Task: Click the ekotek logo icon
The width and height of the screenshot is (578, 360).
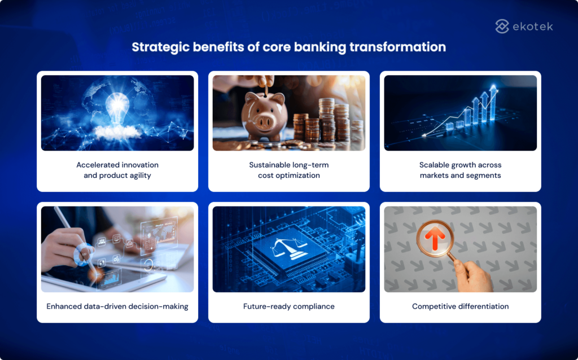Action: (x=502, y=26)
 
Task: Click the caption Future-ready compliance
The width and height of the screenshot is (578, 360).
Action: (x=288, y=306)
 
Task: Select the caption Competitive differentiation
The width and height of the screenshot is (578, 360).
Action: (x=460, y=306)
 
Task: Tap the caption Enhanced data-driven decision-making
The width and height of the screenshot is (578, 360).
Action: (x=117, y=306)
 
